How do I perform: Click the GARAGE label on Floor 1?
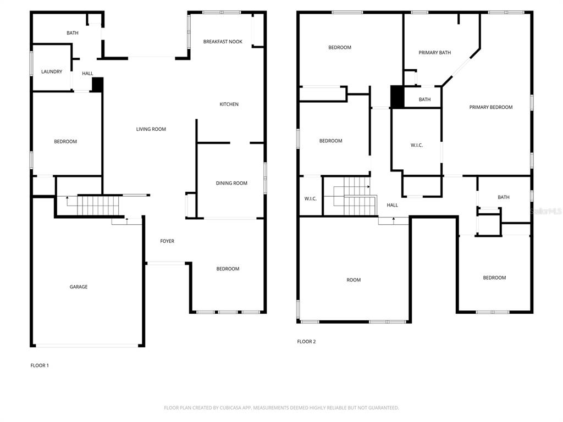tap(78, 287)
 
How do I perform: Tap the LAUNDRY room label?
tap(52, 71)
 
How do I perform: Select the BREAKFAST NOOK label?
tap(223, 42)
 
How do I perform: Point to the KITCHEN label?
tap(229, 104)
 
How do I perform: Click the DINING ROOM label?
tap(231, 184)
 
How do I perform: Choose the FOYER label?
tap(167, 241)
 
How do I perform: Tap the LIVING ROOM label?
tap(151, 130)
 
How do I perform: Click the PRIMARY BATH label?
tap(434, 53)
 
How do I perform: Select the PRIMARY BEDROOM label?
tap(490, 108)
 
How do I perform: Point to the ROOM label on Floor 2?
tap(354, 280)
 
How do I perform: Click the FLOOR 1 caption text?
tap(40, 365)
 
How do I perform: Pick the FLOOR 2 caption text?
tap(306, 342)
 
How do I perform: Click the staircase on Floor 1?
tap(97, 206)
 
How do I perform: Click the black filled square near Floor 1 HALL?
tap(97, 84)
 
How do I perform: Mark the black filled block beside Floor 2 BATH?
tap(397, 97)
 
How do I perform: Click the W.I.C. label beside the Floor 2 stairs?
tap(310, 199)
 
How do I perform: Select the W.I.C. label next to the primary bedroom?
tap(416, 146)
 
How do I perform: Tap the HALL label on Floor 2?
tap(392, 206)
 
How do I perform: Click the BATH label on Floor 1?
tap(73, 33)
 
